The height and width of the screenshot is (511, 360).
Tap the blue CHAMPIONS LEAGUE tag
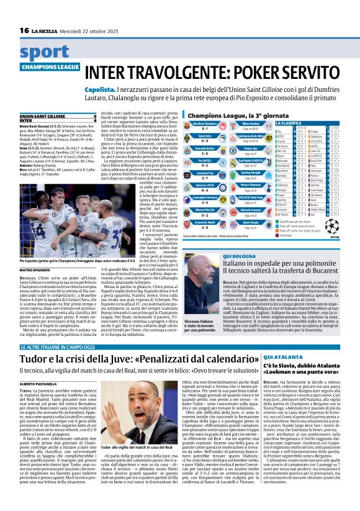(x=50, y=66)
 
